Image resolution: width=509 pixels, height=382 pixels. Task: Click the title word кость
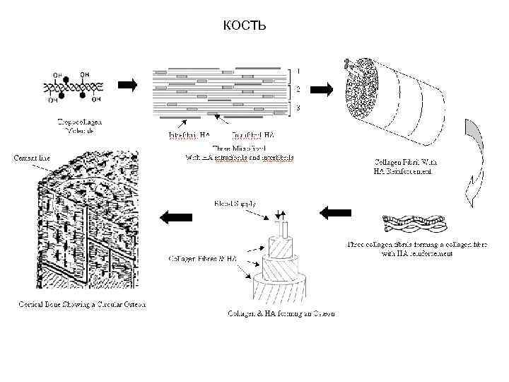tap(244, 26)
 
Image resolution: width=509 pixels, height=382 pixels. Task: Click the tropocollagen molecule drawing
tap(76, 86)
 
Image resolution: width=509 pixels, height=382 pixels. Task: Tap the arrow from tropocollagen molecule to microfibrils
tap(127, 86)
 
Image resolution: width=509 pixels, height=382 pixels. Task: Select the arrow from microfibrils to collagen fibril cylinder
tap(321, 89)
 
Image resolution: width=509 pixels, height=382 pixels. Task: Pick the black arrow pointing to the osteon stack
tap(336, 212)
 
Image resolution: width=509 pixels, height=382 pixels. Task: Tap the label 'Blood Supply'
tap(235, 203)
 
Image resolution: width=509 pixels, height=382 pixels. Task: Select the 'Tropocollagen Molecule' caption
tap(76, 127)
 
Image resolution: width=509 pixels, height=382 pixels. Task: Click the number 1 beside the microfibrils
tap(299, 71)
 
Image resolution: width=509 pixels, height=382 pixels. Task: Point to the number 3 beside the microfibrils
tap(299, 108)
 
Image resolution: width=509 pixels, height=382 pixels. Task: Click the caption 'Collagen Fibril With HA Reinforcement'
tap(404, 166)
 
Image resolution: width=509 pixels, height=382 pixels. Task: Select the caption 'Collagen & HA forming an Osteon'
tap(281, 313)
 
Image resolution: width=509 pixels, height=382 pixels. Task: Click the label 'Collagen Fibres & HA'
tap(201, 259)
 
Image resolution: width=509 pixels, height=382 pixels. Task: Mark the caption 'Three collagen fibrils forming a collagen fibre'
tap(416, 249)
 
